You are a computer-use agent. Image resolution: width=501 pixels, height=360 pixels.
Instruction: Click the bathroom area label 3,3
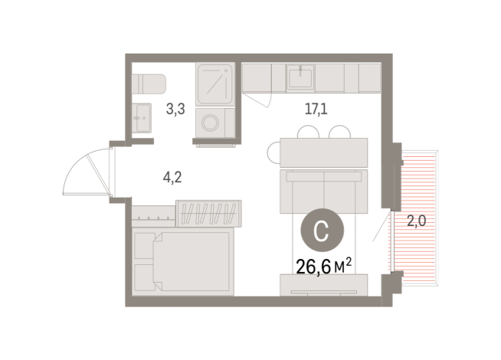[176, 110]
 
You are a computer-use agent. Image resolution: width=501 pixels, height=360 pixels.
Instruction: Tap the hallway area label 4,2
[172, 178]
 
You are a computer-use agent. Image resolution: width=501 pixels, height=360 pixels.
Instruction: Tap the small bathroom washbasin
[140, 117]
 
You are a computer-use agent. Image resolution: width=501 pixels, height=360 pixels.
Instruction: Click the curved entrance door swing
[86, 170]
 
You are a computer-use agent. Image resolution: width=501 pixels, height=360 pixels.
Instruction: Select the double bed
[182, 261]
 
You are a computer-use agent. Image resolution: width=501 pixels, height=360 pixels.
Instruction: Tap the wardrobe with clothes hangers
[208, 211]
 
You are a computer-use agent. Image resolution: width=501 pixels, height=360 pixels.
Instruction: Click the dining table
[324, 152]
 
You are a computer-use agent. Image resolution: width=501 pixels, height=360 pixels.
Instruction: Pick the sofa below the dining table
[324, 191]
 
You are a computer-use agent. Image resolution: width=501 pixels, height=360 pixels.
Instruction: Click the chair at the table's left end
[273, 152]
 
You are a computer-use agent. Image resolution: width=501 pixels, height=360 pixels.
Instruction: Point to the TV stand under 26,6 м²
[324, 286]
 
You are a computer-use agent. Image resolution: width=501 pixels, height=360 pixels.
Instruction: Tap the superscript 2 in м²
[349, 260]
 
